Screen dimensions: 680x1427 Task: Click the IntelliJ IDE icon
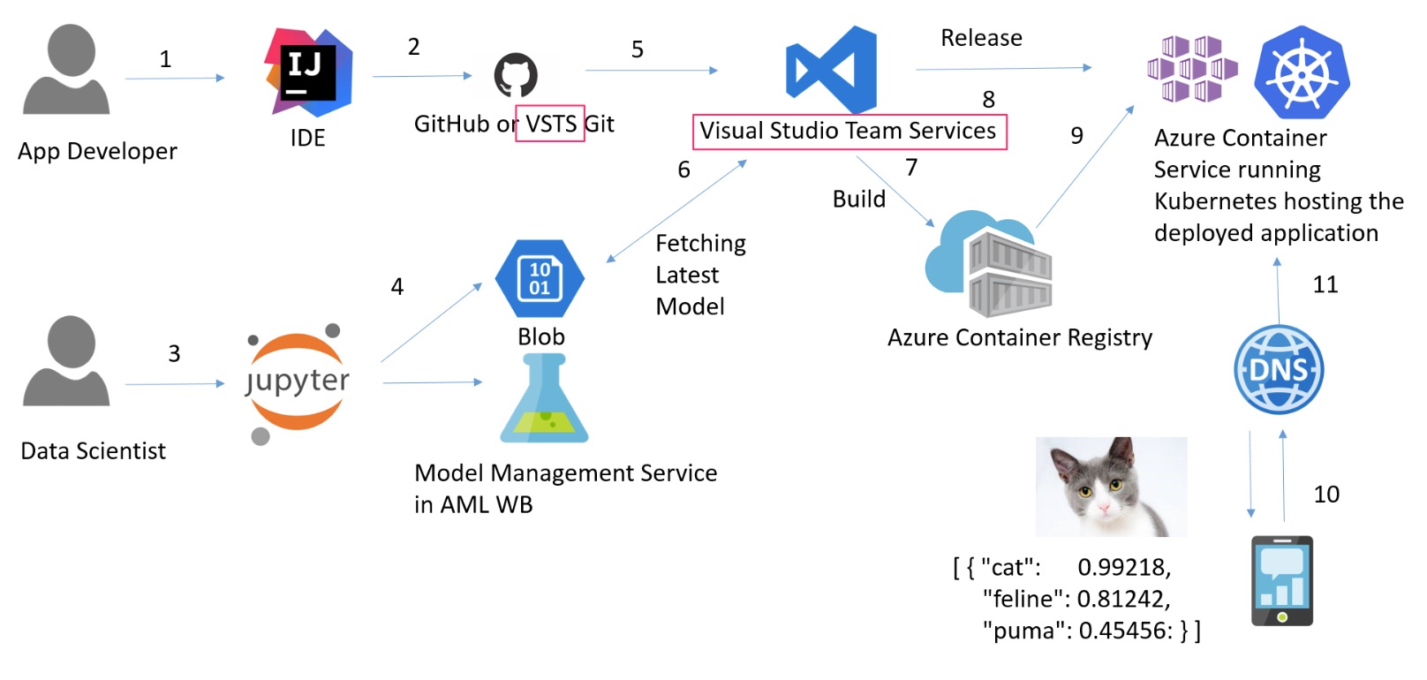click(x=308, y=72)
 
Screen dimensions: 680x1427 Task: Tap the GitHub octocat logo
click(x=516, y=75)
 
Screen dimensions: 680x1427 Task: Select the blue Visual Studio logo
click(x=831, y=70)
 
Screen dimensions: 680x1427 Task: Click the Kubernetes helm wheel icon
click(x=1302, y=72)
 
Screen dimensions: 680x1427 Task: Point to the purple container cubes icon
click(x=1191, y=69)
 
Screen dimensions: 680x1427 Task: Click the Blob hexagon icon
click(x=540, y=278)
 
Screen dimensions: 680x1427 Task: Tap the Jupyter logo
click(x=297, y=382)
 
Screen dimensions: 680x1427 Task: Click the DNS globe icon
click(x=1278, y=369)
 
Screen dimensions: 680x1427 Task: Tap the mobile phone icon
click(x=1281, y=581)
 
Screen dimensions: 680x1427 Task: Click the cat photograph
click(x=1111, y=487)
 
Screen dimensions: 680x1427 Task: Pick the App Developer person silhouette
click(x=66, y=71)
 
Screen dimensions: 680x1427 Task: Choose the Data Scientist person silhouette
click(x=66, y=362)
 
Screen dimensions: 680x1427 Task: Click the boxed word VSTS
click(x=550, y=124)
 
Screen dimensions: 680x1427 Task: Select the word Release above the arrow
click(x=981, y=38)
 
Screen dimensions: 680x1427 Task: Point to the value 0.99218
click(x=1123, y=567)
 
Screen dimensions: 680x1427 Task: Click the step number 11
click(x=1325, y=284)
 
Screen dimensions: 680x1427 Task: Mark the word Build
click(x=858, y=199)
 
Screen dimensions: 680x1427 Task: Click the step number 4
click(x=397, y=286)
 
